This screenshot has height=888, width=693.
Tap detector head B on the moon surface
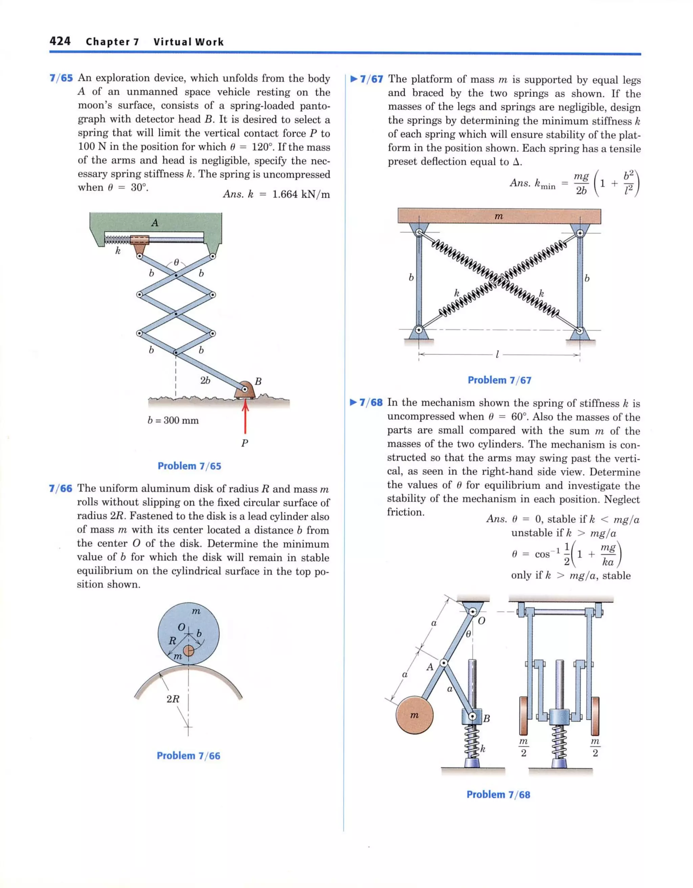tap(245, 390)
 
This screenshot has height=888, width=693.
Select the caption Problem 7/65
tap(189, 466)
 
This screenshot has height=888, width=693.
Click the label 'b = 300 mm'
tap(173, 420)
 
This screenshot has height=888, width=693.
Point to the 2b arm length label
tap(205, 381)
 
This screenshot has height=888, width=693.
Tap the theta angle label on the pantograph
tap(176, 263)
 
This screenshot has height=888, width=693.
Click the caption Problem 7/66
tap(188, 756)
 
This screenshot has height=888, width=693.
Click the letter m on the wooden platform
tap(499, 216)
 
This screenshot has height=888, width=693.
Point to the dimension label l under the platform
tap(497, 354)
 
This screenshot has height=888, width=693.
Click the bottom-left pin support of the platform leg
tap(419, 330)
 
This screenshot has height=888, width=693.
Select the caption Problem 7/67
tap(499, 380)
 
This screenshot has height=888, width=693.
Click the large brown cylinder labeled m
tap(414, 716)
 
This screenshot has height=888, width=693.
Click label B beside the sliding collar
tap(487, 718)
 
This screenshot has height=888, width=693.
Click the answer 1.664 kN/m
tap(301, 194)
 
